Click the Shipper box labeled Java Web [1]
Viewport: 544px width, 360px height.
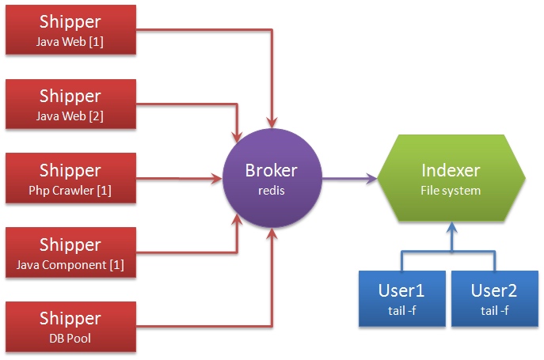click(70, 31)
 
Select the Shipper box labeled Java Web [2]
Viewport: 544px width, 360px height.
click(70, 104)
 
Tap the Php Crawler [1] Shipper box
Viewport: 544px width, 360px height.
click(70, 179)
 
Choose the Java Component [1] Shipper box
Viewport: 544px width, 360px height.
click(70, 252)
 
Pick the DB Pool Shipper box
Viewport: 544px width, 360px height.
click(70, 326)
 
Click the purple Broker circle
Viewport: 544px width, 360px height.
click(272, 179)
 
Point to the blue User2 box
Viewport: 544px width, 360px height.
click(495, 299)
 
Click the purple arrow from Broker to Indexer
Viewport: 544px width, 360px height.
click(348, 180)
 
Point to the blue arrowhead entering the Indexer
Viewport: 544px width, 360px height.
click(451, 229)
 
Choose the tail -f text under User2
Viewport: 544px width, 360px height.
click(495, 310)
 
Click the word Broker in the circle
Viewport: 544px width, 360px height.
click(272, 170)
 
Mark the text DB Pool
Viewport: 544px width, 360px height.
click(70, 338)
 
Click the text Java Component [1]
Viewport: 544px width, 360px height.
click(70, 264)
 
